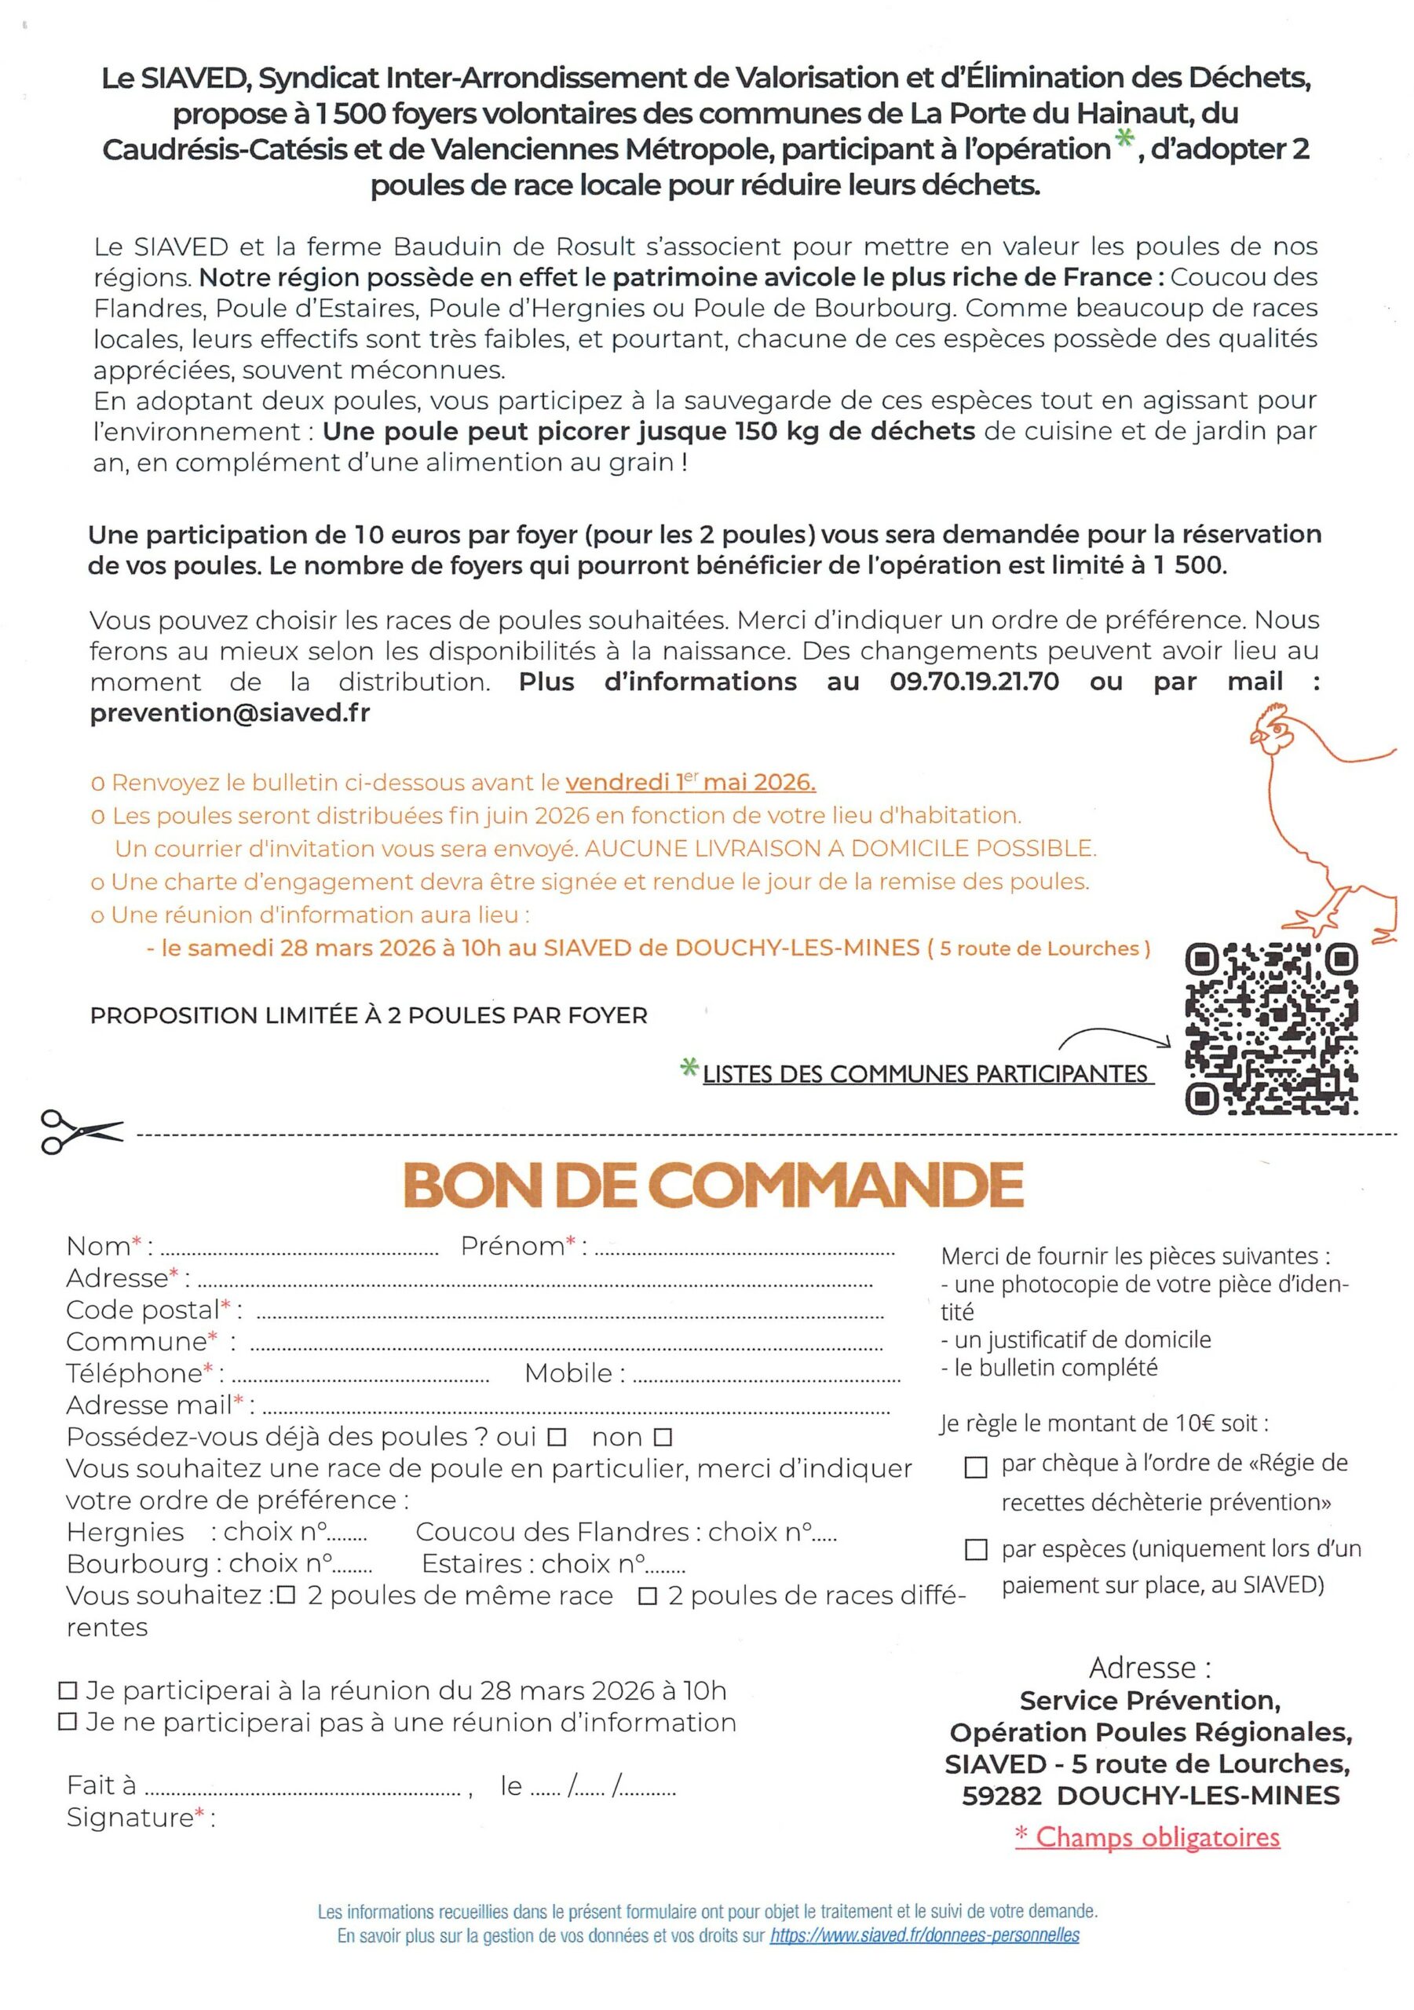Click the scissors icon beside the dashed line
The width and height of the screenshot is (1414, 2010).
click(81, 1132)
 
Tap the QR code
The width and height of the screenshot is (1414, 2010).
click(1270, 1028)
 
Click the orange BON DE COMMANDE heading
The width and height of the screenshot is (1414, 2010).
click(713, 1186)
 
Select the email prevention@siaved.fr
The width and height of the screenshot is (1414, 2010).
click(229, 713)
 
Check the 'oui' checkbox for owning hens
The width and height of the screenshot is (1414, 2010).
click(557, 1438)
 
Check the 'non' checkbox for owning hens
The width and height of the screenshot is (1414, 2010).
click(663, 1438)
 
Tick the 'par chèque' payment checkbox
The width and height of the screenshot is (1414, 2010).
click(975, 1467)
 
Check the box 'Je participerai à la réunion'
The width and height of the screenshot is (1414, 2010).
click(68, 1690)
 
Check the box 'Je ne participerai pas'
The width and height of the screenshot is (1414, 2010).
click(68, 1722)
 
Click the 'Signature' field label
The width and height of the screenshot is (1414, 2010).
click(130, 1818)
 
